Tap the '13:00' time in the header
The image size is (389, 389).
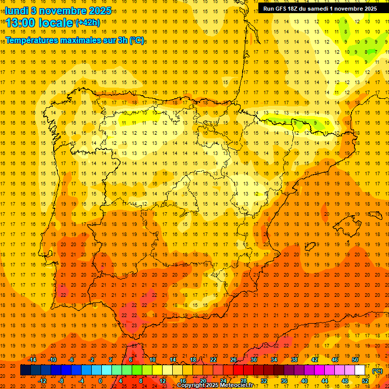click(21, 23)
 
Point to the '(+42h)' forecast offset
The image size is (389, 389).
click(88, 22)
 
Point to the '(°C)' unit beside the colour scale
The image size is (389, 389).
click(377, 371)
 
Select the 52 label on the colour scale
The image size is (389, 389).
click(366, 381)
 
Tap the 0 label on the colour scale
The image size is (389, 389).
click(100, 381)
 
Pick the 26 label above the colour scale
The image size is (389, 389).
click(234, 360)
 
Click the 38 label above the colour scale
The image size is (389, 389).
click(294, 360)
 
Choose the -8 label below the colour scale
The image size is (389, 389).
click(61, 381)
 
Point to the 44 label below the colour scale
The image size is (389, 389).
click(325, 381)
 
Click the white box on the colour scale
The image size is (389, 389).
click(360, 370)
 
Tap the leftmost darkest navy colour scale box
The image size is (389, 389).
click(25, 370)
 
